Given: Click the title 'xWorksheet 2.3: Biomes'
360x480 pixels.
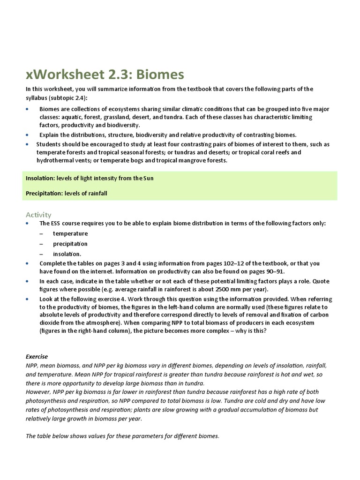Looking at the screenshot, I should click(105, 74).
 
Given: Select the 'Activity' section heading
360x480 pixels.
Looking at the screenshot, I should click(38, 215).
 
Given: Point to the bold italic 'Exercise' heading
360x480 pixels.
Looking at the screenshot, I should click(37, 357).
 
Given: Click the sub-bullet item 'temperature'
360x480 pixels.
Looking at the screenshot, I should click(70, 233).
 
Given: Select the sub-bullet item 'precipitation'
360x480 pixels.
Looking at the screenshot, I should click(70, 244).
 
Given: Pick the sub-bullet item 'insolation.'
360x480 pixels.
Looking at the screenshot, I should click(67, 254).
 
